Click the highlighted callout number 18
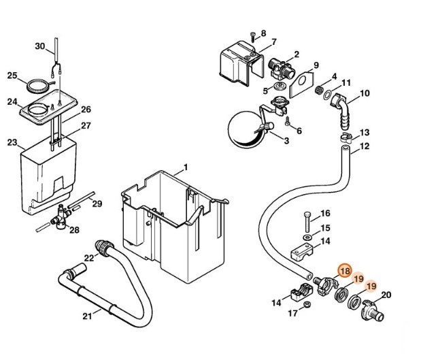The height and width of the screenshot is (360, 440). click(345, 271)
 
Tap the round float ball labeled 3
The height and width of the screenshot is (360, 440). click(243, 128)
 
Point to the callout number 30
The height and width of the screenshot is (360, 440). click(40, 46)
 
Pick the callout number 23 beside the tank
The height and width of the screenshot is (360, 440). click(12, 143)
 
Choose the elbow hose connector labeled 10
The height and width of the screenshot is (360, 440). click(341, 108)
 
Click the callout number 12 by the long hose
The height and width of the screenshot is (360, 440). click(365, 146)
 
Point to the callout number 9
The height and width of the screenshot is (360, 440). click(316, 66)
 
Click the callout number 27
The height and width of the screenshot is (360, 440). click(86, 125)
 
